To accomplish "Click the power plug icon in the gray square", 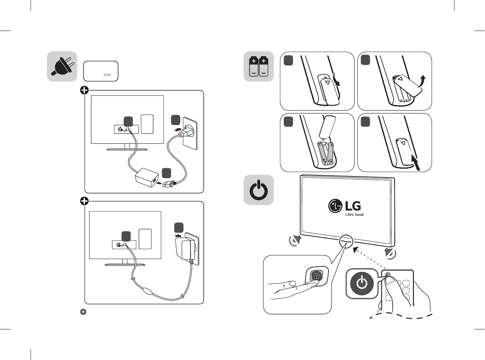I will tap(62, 67).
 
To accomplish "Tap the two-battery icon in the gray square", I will tap(259, 66).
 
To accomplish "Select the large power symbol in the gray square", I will tap(259, 190).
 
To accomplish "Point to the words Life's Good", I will tap(354, 215).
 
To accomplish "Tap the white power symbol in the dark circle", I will tap(362, 284).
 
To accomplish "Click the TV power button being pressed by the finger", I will tap(316, 276).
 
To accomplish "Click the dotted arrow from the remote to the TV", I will tap(370, 259).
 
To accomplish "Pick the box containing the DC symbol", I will tap(101, 71).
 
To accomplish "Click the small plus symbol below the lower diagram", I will tap(83, 312).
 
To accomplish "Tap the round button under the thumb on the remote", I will tap(388, 275).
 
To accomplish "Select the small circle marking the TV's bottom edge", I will tap(346, 240).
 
